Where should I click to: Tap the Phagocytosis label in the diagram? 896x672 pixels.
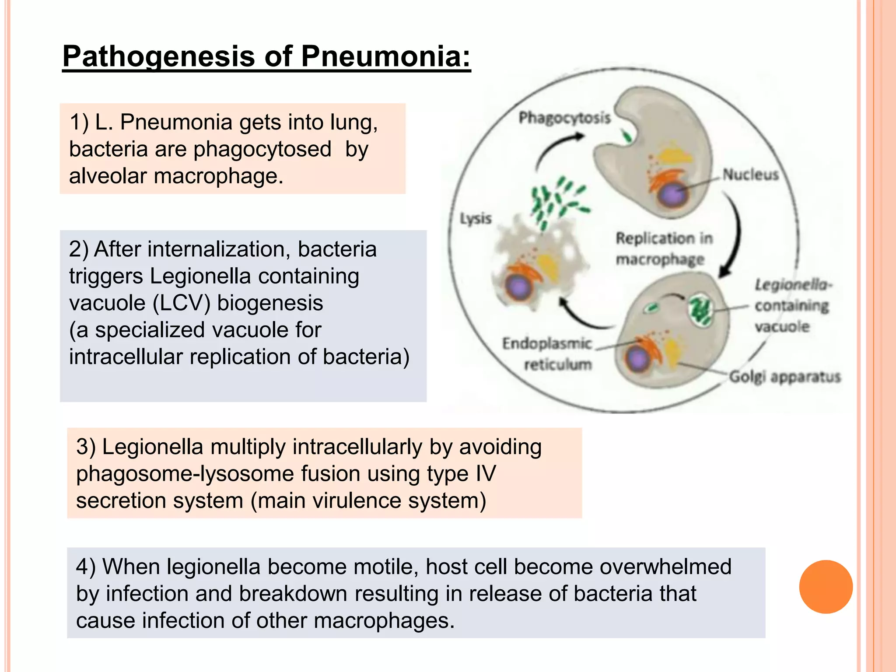[x=564, y=118]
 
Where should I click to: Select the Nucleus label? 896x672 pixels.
[x=750, y=175]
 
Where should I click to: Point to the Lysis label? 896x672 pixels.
[x=476, y=218]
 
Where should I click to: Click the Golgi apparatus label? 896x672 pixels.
[x=784, y=377]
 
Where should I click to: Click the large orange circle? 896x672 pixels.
[x=826, y=587]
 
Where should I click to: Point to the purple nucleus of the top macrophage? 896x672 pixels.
[x=673, y=195]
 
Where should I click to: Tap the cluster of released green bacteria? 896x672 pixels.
[x=556, y=201]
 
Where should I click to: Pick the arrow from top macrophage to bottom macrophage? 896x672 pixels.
[x=735, y=236]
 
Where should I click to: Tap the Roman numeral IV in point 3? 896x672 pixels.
[x=485, y=474]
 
